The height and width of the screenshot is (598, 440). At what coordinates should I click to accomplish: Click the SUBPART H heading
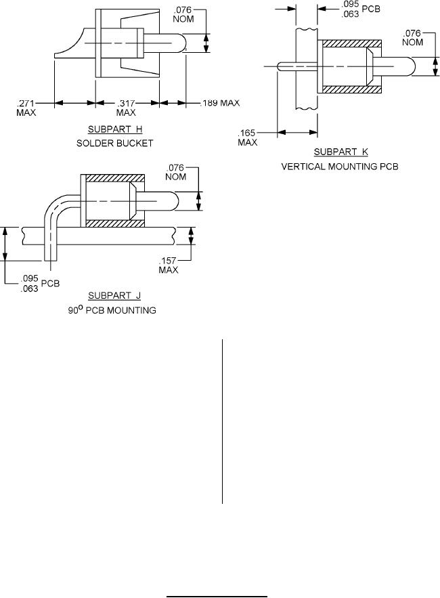115,129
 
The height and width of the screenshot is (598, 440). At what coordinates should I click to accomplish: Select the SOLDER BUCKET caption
115,144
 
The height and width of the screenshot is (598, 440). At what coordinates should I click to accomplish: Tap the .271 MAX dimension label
26,108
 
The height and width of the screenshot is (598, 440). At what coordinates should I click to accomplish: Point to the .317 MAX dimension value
126,108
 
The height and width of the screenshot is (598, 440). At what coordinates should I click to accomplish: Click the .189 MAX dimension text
220,103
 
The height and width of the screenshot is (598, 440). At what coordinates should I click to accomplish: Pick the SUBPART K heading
341,152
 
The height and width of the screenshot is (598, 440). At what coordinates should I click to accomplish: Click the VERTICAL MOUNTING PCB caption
340,167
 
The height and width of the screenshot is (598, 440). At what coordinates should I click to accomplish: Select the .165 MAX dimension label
248,137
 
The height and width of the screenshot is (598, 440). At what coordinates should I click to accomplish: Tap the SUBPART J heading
114,295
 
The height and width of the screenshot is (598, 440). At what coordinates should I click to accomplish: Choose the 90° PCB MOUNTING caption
112,309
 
